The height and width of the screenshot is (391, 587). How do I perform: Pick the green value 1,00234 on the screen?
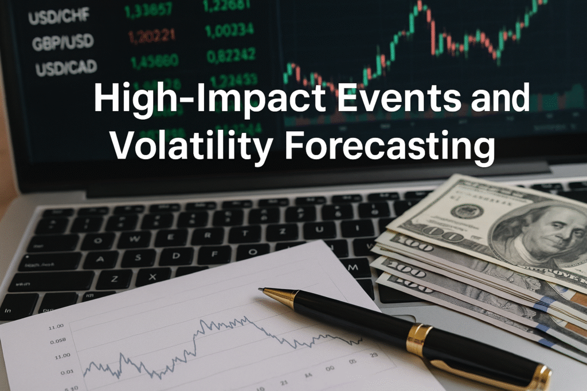tap(228, 30)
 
